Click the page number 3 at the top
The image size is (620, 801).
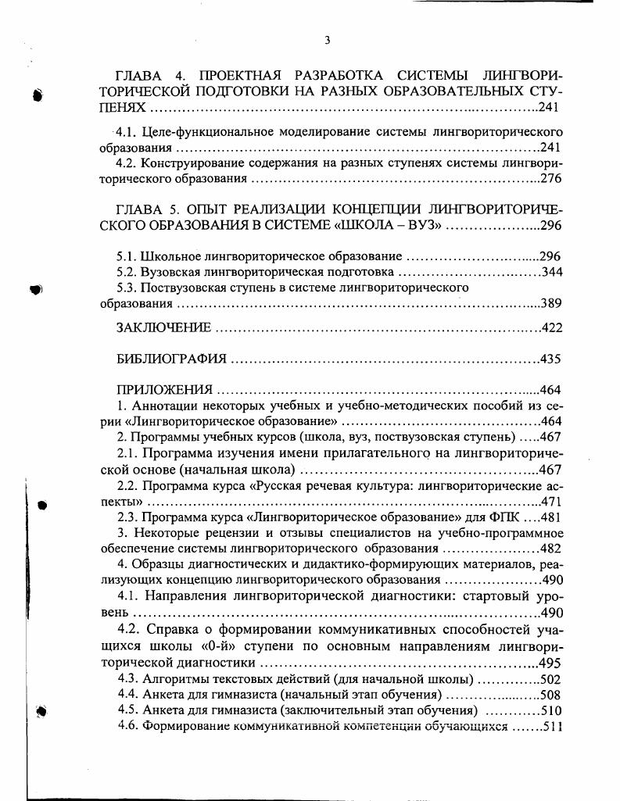tap(328, 40)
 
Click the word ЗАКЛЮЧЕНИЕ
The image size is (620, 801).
tap(163, 327)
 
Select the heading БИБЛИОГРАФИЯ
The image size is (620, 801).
tap(171, 359)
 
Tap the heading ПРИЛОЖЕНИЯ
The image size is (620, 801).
tap(164, 389)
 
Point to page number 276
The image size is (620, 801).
tap(550, 178)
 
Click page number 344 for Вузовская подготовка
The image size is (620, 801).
tap(551, 272)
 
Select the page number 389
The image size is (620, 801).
tap(551, 303)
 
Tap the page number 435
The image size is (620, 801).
tap(551, 359)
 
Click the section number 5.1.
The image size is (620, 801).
tap(127, 256)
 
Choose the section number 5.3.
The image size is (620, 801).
tap(127, 288)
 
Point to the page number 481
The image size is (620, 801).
tap(551, 517)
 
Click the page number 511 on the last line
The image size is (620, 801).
tap(553, 726)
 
